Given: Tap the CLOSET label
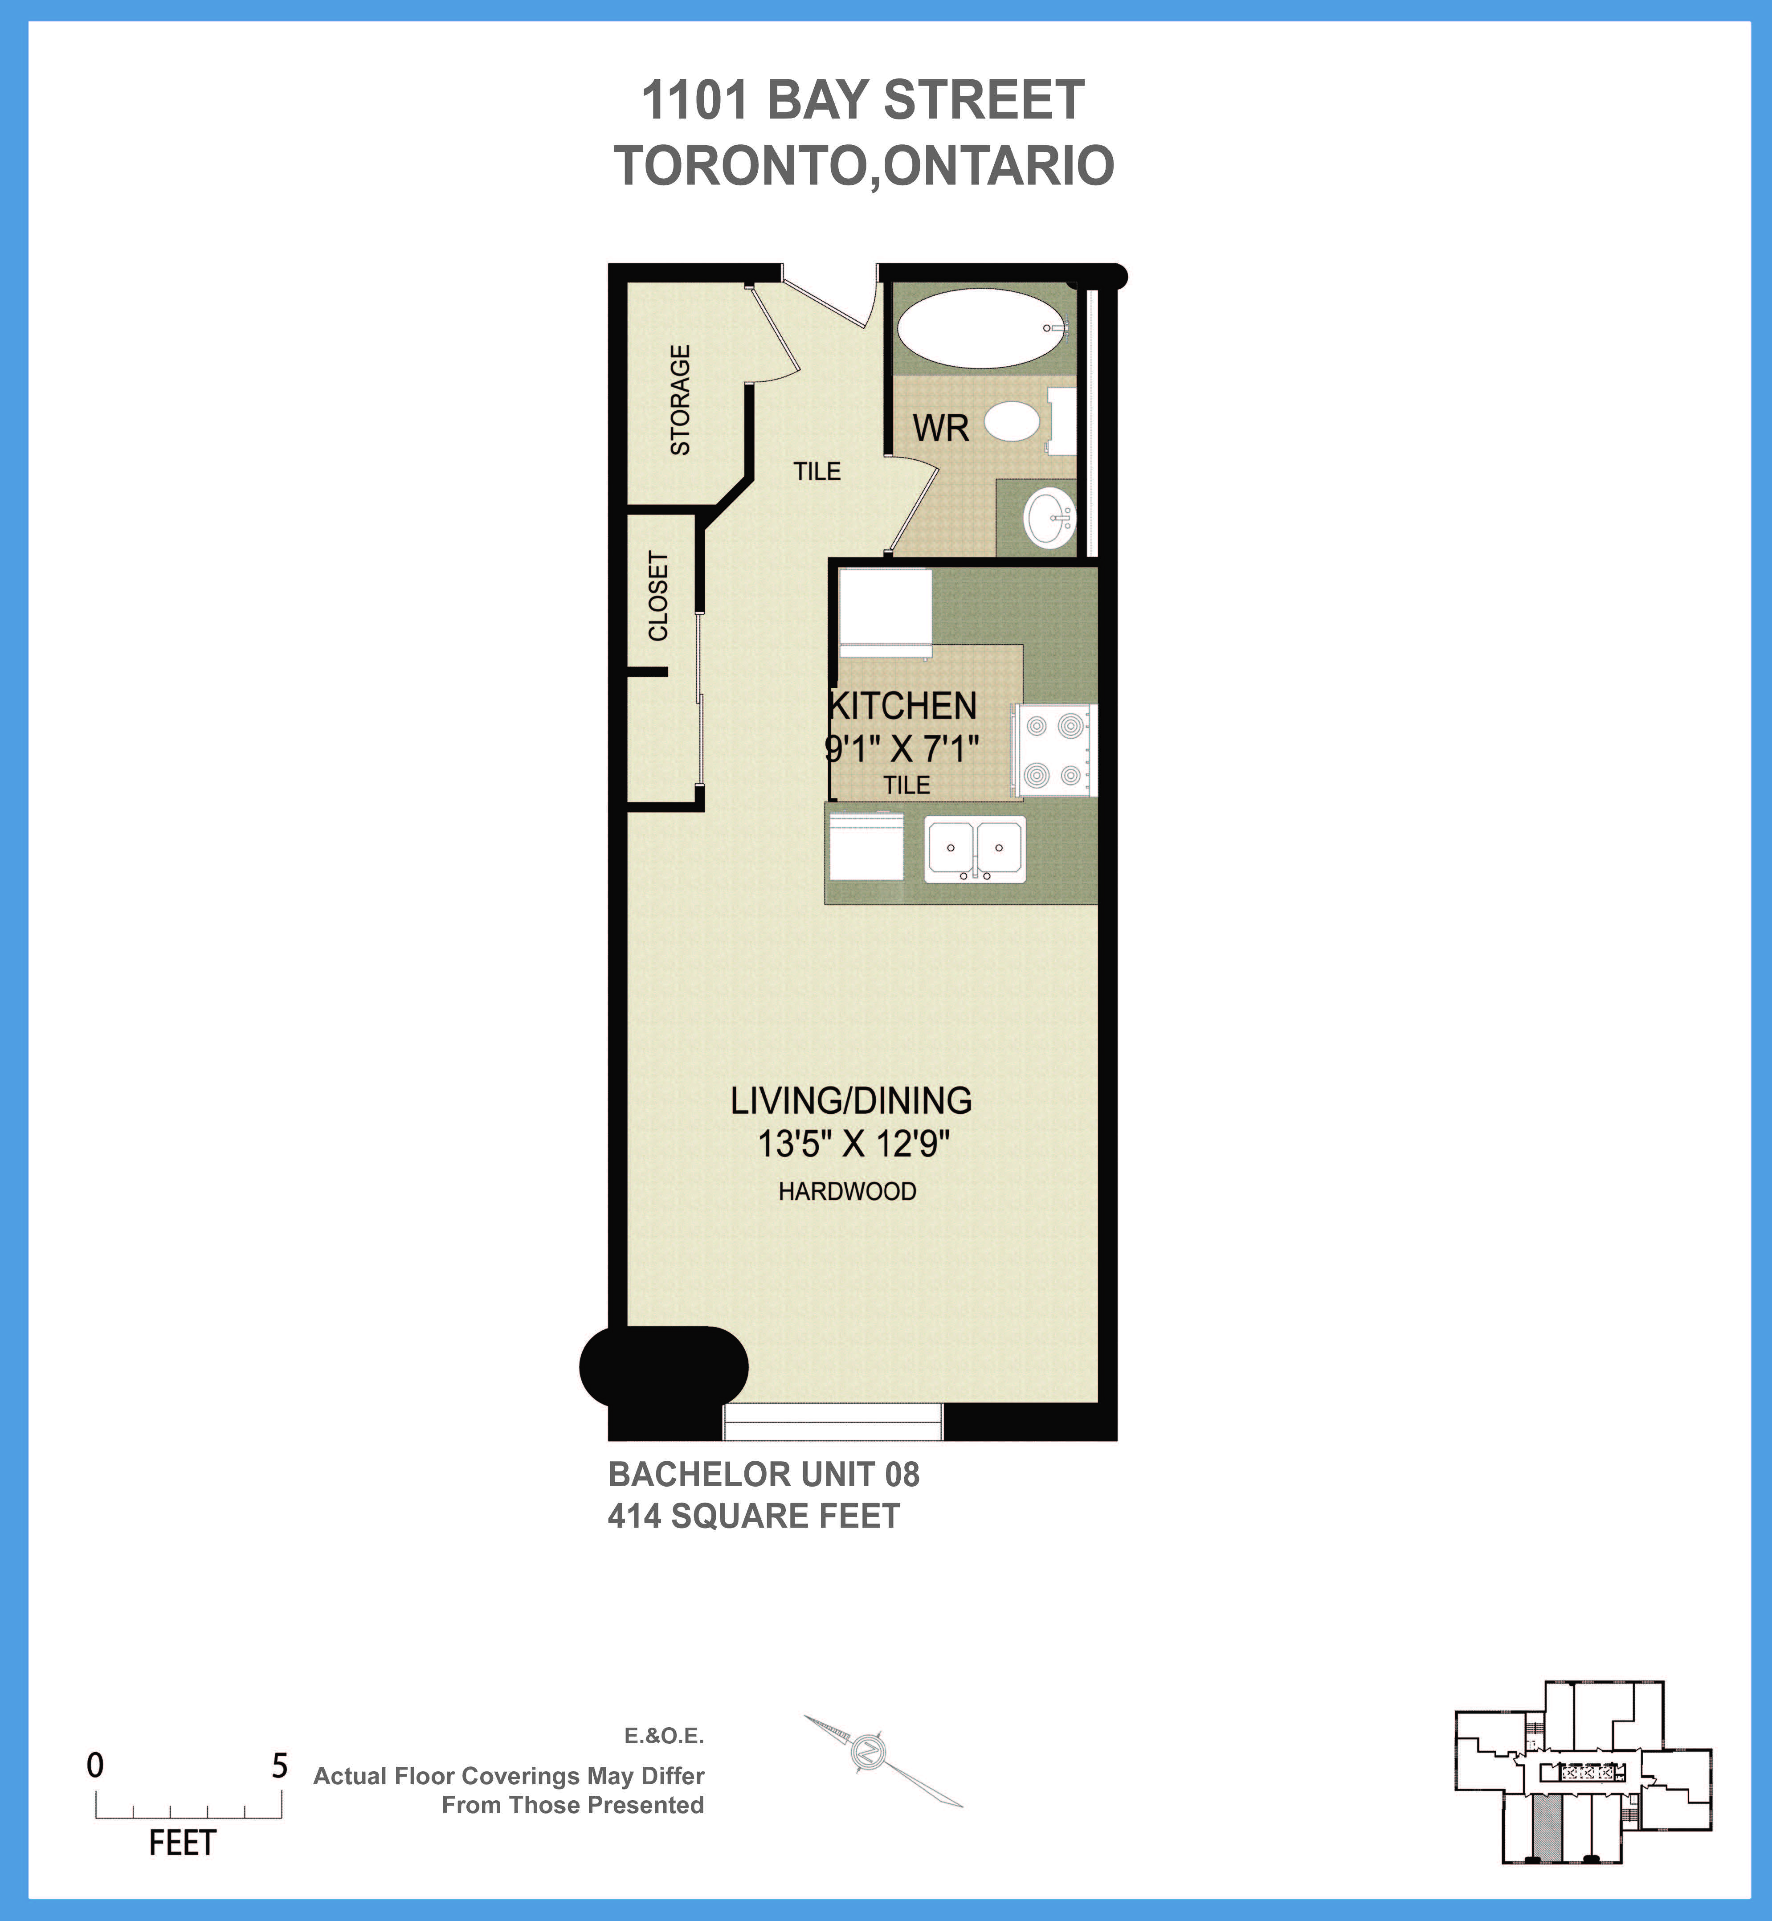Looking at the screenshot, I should click(658, 596).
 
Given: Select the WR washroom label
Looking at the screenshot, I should click(941, 428).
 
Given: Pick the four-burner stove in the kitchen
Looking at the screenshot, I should click(1054, 751).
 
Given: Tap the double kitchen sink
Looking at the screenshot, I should click(974, 849).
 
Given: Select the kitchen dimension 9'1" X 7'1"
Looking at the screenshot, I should click(902, 748).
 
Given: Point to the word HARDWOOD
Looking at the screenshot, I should click(847, 1191).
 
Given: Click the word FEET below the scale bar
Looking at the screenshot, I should click(182, 1843).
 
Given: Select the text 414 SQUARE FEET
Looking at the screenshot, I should click(754, 1516).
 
